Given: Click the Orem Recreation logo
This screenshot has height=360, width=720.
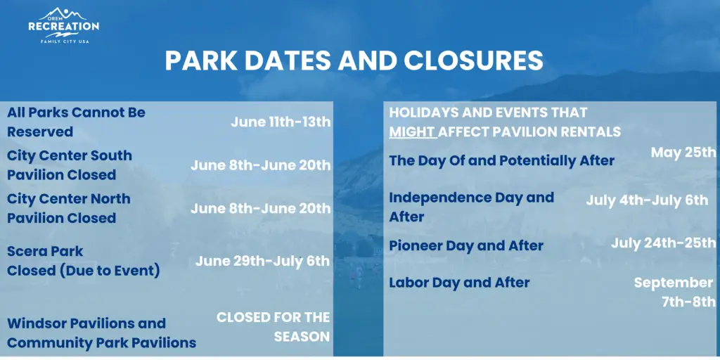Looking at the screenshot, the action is tap(63, 26).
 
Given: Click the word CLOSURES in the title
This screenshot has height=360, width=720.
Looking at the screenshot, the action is tap(473, 60).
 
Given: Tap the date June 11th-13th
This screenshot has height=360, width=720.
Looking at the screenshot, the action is tap(281, 122).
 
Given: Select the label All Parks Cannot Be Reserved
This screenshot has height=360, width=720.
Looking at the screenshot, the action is tap(76, 122).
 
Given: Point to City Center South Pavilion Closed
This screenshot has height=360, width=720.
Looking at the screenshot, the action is tap(70, 165).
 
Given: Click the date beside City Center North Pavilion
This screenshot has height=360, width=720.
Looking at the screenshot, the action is tap(261, 208).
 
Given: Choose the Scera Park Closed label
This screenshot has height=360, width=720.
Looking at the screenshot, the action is tap(84, 261).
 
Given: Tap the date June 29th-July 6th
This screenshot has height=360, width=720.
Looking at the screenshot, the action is tap(263, 262).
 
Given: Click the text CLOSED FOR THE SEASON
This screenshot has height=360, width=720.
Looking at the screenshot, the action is tap(274, 327).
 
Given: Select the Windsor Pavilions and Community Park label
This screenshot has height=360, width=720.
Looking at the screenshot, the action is tap(101, 333).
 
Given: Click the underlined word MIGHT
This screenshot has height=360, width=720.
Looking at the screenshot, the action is tap(412, 132).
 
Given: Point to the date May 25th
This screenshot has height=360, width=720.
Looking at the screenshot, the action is tap(683, 153).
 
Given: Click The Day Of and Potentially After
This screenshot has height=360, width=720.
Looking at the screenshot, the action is tap(502, 161).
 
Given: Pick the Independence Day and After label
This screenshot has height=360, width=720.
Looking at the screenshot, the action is tap(472, 207).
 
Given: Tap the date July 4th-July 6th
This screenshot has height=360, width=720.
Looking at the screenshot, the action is tap(647, 200).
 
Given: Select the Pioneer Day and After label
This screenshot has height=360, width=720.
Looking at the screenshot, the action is tap(466, 245).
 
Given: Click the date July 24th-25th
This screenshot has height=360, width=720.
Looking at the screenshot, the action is tap(663, 243).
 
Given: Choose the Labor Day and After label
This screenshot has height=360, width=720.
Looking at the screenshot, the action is tap(459, 283).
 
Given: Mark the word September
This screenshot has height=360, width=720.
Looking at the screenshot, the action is tap(674, 283).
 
